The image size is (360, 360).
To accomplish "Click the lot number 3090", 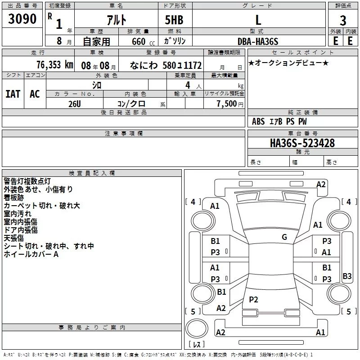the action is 22,19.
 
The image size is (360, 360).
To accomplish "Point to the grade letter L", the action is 258,20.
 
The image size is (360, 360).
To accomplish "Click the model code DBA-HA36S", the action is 258,41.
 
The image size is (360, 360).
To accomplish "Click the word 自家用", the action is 97,41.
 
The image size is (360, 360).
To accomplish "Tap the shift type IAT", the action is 13,94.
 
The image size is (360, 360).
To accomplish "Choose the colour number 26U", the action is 75,104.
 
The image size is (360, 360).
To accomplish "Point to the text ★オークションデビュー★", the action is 288,63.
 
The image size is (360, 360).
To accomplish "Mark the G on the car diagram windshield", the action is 284,237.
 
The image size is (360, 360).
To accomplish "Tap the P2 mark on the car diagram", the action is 253,300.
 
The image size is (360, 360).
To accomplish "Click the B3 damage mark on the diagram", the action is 347,276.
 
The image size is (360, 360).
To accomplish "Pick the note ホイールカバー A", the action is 31,254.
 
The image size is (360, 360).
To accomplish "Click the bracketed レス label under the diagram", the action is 196,345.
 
